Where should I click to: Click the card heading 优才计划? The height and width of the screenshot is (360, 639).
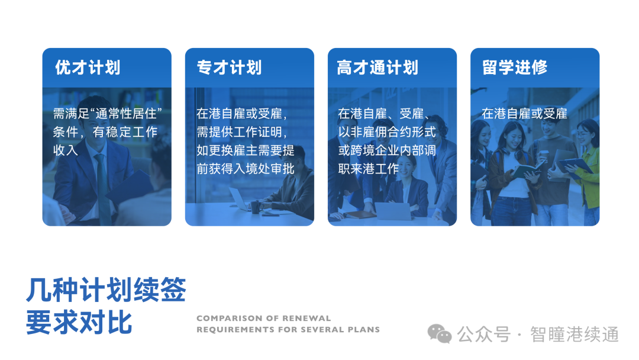pyautogui.click(x=88, y=67)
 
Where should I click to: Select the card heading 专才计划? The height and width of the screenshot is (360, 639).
pyautogui.click(x=230, y=67)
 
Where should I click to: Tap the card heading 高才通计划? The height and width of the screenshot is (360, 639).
pyautogui.click(x=377, y=67)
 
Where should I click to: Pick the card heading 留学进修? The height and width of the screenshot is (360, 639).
pyautogui.click(x=515, y=67)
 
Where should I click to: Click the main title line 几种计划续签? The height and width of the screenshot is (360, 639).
pyautogui.click(x=106, y=291)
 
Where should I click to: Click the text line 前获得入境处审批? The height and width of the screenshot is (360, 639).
pyautogui.click(x=246, y=169)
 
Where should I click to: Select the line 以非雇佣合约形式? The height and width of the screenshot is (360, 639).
pyautogui.click(x=387, y=131)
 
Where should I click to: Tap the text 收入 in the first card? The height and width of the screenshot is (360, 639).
pyautogui.click(x=66, y=150)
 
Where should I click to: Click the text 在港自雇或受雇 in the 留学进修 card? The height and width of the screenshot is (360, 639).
pyautogui.click(x=524, y=113)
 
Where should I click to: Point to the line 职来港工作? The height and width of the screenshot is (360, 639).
pyautogui.click(x=369, y=169)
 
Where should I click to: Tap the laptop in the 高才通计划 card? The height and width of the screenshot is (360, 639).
pyautogui.click(x=393, y=211)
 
